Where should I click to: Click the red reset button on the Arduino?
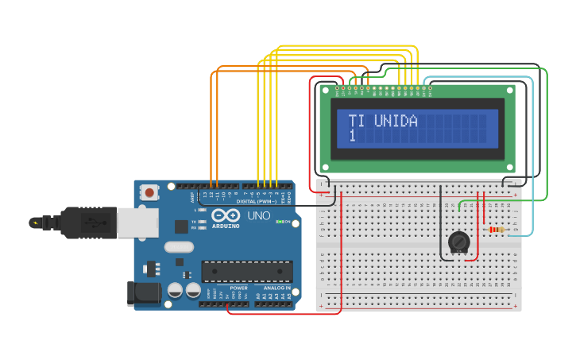[x=149, y=192]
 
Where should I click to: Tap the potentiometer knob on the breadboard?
[x=459, y=242]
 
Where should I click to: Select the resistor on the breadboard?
[x=497, y=230]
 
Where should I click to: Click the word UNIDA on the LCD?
[x=396, y=122]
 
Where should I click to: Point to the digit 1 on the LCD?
[x=352, y=137]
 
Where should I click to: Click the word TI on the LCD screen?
[x=357, y=122]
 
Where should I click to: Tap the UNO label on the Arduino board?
[x=259, y=215]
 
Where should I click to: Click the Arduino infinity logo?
[x=226, y=215]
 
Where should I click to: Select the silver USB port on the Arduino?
[x=137, y=223]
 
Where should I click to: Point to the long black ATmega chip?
[x=246, y=271]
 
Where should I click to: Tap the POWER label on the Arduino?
[x=238, y=288]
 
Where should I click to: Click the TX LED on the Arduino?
[x=203, y=221]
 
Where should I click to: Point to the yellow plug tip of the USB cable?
[x=35, y=223]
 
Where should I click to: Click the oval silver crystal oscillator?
[x=179, y=246]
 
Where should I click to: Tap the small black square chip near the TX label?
[x=181, y=226]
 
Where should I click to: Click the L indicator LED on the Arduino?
[x=203, y=210]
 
